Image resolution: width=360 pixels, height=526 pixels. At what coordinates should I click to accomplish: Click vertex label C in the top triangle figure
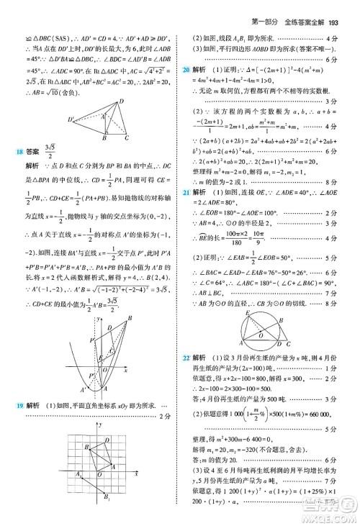coord(127,137)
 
